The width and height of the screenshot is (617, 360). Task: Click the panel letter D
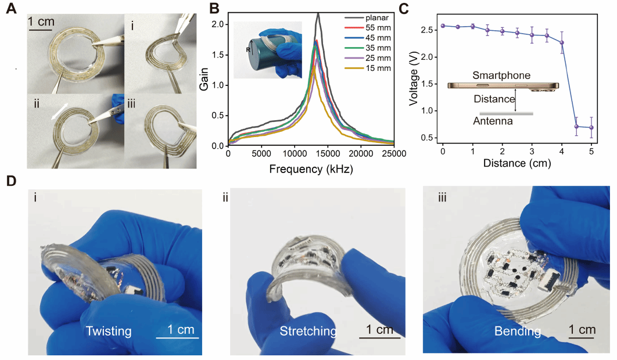10,180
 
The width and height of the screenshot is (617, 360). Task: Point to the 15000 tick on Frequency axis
328,154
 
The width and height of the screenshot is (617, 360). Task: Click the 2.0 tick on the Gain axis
218,24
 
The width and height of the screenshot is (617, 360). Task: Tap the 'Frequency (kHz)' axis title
311,169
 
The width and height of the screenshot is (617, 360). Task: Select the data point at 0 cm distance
443,26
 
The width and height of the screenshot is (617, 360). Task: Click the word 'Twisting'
109,332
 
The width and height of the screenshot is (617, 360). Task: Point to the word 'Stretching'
308,332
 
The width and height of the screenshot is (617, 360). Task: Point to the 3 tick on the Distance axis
532,154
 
